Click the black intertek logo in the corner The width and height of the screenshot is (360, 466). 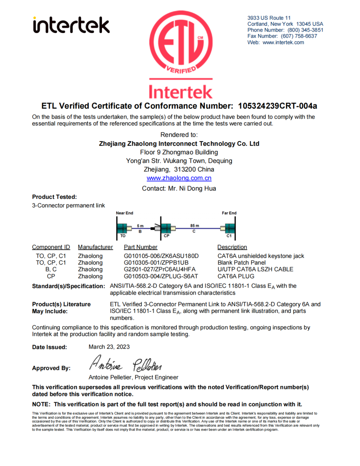(x=71, y=25)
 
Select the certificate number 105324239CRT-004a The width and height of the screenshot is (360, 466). (x=277, y=106)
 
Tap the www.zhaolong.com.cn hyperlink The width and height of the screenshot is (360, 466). (x=179, y=178)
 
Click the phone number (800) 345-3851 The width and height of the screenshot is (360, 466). (x=305, y=30)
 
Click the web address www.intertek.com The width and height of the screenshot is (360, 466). (x=283, y=42)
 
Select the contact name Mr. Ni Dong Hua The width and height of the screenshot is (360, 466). (x=192, y=188)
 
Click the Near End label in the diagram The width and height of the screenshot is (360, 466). (x=124, y=213)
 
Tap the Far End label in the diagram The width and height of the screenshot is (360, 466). (x=229, y=213)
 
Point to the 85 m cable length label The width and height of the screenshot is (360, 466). (x=195, y=226)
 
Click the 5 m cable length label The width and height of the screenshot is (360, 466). (x=140, y=226)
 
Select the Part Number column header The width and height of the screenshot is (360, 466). (x=140, y=247)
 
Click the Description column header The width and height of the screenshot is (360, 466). (x=232, y=247)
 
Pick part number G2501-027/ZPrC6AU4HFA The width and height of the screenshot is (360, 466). (x=160, y=269)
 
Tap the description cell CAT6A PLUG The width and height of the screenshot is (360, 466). (x=236, y=276)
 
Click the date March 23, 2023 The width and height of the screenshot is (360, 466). (x=109, y=347)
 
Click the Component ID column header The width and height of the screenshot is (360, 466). (x=51, y=247)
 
